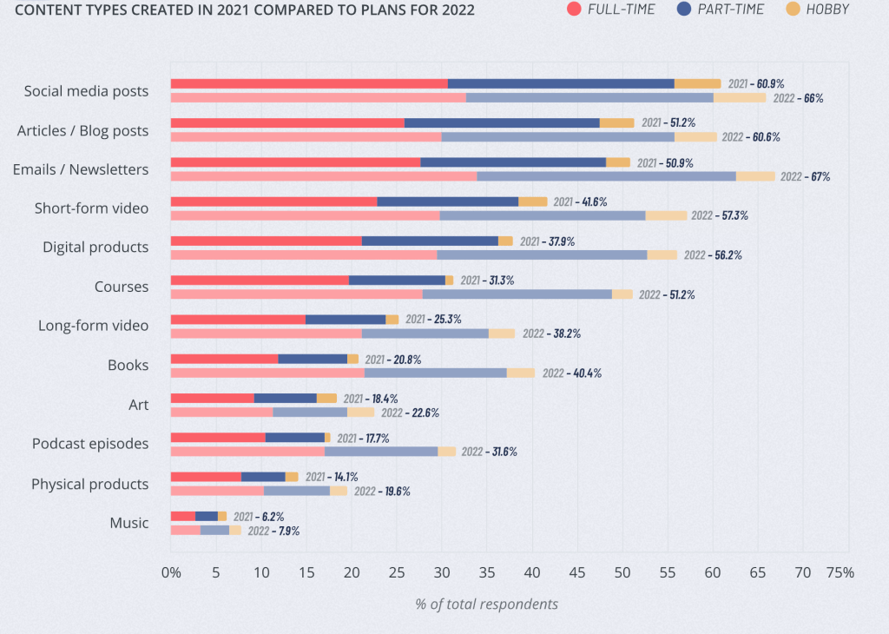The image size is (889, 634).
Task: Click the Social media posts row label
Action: pos(86,91)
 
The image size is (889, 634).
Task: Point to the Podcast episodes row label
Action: pos(90,444)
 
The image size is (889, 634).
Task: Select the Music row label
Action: pos(128,523)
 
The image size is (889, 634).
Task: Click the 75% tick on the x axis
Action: pos(840,573)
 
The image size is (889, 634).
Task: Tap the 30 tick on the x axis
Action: pos(442,573)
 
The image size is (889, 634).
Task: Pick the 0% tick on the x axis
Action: pos(171,573)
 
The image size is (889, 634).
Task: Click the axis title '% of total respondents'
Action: pos(486,604)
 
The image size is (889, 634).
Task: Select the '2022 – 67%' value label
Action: pos(805,176)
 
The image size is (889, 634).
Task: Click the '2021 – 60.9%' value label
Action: pos(755,84)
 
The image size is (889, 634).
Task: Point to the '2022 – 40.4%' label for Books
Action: pos(571,373)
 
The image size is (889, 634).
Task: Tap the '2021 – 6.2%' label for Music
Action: pos(258,517)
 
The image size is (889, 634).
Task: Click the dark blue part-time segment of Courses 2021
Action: pos(397,281)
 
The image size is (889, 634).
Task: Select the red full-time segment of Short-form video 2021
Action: pos(273,201)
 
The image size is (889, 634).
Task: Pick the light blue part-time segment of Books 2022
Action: pos(435,373)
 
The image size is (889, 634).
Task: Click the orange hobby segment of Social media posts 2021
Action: pos(697,83)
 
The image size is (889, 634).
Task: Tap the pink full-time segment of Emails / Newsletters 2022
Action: pos(323,176)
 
